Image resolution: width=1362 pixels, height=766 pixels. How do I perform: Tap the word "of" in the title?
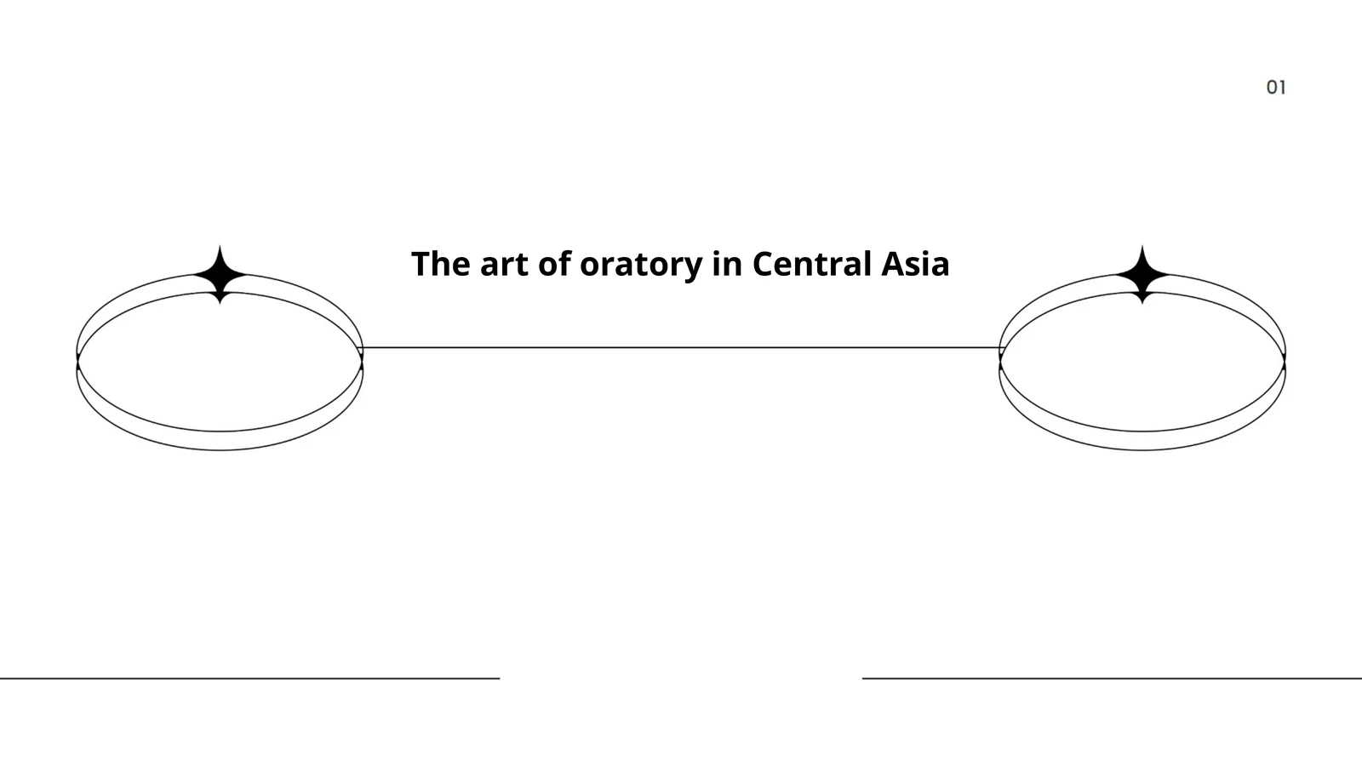[x=555, y=263]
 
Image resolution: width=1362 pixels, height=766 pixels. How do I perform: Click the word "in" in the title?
[x=728, y=264]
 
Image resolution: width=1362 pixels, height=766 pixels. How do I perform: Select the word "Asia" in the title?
[x=915, y=264]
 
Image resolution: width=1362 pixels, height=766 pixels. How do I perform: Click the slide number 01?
[x=1276, y=88]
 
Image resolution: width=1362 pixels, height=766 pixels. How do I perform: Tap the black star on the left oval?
[x=220, y=275]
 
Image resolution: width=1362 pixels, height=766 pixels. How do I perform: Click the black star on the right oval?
[x=1142, y=275]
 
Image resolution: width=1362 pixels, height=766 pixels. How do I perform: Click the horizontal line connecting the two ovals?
[x=681, y=348]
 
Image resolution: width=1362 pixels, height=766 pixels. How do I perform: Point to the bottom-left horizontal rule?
[x=250, y=677]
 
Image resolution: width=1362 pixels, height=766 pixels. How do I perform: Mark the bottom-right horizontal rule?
[x=1112, y=677]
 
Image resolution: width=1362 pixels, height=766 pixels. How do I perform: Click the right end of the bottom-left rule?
[x=499, y=677]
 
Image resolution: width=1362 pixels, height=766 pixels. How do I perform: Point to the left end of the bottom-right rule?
[x=863, y=677]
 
